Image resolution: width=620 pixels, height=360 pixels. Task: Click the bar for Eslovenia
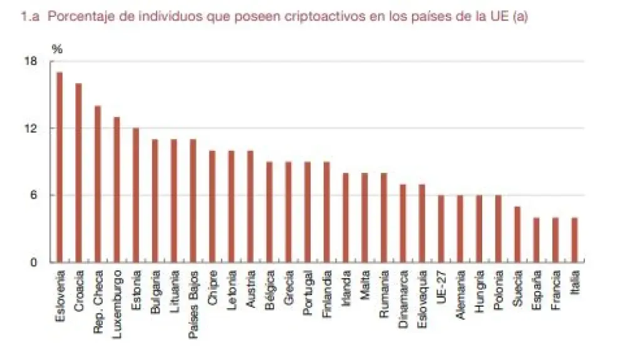point(59,167)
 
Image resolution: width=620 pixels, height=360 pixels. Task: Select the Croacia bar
point(78,173)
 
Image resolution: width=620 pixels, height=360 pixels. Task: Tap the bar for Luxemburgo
point(116,190)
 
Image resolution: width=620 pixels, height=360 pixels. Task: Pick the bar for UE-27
point(441,229)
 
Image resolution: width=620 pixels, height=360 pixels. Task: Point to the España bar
point(536,240)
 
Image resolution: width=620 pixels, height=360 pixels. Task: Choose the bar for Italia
point(574,240)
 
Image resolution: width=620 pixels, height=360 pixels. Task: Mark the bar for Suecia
point(517,234)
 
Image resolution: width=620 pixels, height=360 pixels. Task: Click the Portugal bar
point(307,212)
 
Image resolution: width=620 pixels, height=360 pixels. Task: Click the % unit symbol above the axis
point(57,49)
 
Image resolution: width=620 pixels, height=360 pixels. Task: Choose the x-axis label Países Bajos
point(193,298)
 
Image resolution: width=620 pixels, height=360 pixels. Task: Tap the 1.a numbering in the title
point(31,17)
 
